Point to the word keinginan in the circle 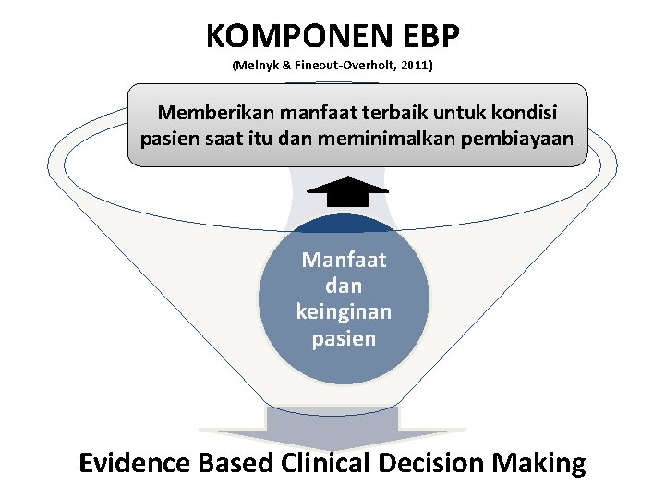pyautogui.click(x=344, y=312)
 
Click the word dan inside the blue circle pyautogui.click(x=344, y=286)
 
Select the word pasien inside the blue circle pyautogui.click(x=344, y=338)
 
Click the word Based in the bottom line pyautogui.click(x=236, y=462)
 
